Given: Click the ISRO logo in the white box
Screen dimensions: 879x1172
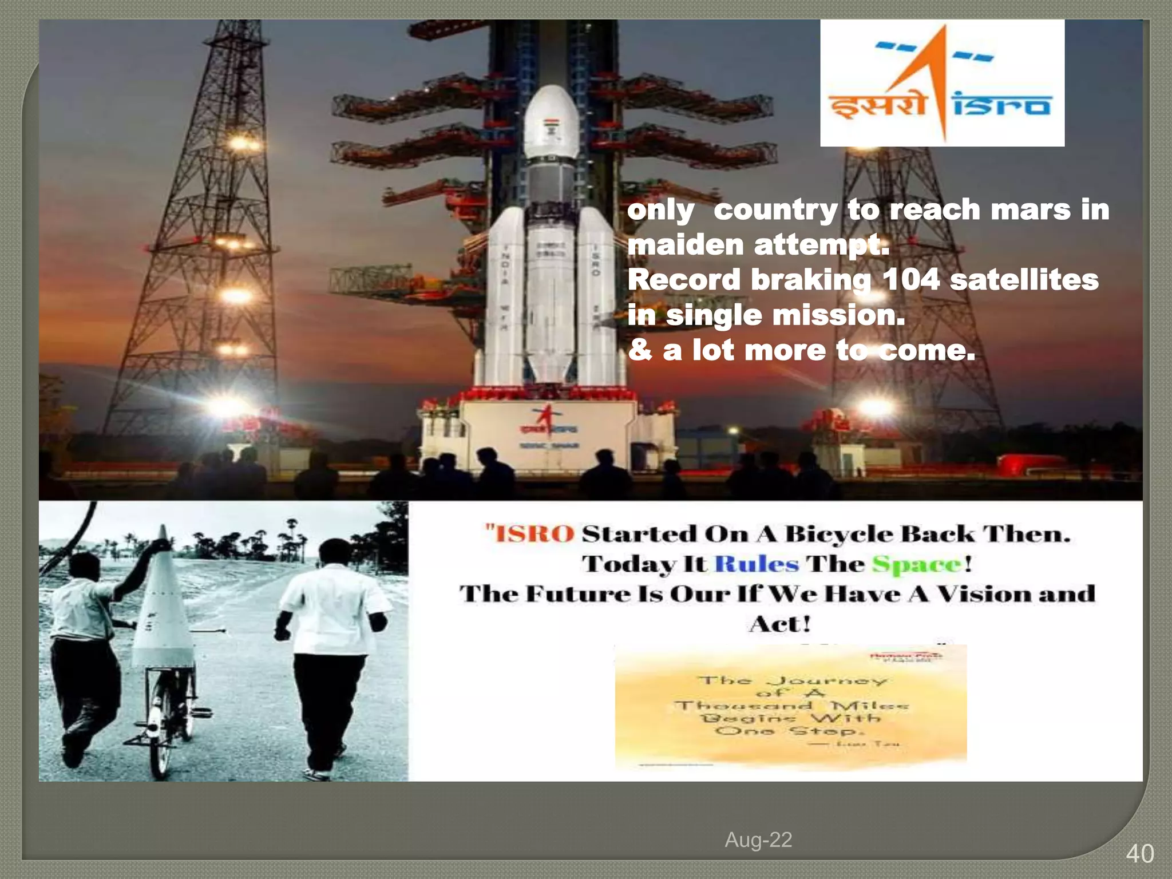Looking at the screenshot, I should click(x=942, y=83).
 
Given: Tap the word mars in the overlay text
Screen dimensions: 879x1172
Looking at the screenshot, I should click(x=1030, y=209).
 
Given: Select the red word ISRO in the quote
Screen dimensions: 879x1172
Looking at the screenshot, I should click(x=534, y=534).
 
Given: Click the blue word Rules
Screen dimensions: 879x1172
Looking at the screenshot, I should click(x=757, y=564).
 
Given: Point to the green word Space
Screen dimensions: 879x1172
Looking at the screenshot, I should click(x=917, y=565).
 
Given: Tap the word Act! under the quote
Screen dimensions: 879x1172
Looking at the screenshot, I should click(x=780, y=624).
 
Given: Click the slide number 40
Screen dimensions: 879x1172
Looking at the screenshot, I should click(x=1139, y=853).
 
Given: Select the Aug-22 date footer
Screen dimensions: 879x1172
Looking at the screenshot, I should click(x=758, y=840).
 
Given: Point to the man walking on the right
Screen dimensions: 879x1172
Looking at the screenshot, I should click(x=332, y=652).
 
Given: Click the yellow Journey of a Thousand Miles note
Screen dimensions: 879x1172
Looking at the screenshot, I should click(x=790, y=707).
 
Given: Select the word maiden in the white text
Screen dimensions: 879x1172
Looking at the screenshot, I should click(x=685, y=245).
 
